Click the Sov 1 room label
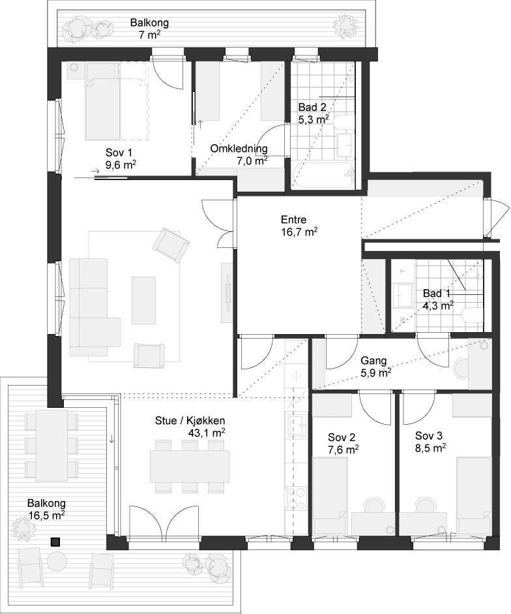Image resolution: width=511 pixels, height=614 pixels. (120, 159)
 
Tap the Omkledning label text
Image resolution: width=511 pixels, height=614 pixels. (239, 149)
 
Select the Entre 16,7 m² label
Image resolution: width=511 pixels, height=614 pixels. (299, 226)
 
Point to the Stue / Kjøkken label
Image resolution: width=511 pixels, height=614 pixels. (190, 421)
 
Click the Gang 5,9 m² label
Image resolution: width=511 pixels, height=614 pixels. (376, 367)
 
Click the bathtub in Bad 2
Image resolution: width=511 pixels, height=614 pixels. (323, 176)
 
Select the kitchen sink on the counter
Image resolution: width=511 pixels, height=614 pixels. (298, 425)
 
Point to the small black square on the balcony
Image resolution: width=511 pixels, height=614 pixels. (55, 542)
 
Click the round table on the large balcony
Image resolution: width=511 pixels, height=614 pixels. (58, 561)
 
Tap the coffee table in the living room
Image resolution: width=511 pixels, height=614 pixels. (143, 300)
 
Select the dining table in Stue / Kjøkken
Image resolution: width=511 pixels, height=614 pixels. (190, 466)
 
